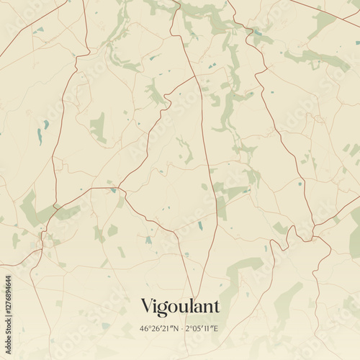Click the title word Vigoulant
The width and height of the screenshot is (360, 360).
pos(180,307)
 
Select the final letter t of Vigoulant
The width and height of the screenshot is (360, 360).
pos(215,307)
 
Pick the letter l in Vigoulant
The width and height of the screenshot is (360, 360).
pos(189,305)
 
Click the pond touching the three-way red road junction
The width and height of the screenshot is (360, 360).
pos(113,190)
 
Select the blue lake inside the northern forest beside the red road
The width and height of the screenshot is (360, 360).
pos(257,32)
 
